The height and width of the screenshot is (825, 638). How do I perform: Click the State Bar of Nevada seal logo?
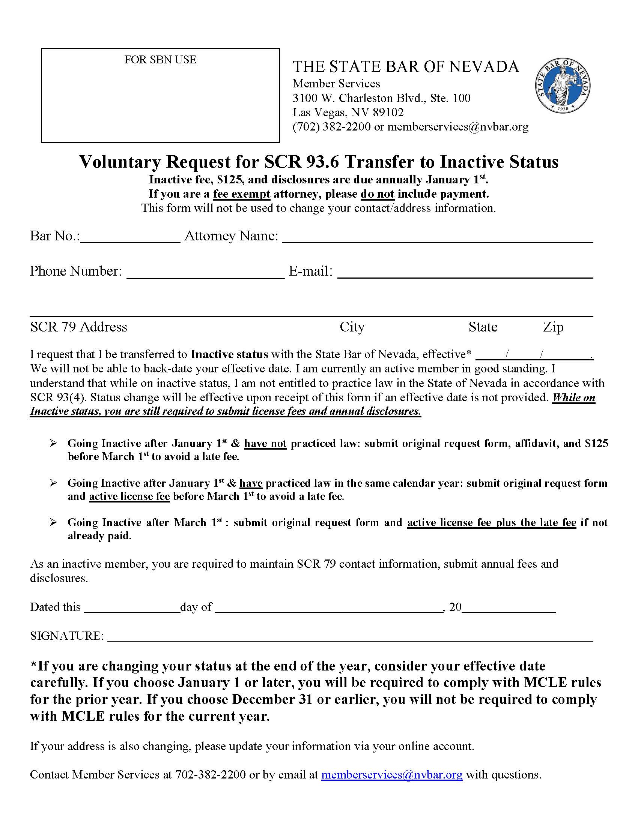click(x=563, y=86)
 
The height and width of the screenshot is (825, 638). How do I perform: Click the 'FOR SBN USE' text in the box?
click(x=160, y=60)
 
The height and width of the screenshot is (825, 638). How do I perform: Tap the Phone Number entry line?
click(x=205, y=274)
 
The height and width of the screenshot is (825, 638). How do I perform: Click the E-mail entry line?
click(x=465, y=274)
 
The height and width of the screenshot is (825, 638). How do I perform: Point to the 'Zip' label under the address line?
click(x=553, y=327)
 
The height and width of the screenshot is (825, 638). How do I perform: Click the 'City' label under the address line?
click(x=352, y=327)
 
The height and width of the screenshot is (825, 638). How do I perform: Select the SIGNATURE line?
click(x=350, y=637)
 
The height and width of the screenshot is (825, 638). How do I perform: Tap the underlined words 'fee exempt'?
click(x=242, y=194)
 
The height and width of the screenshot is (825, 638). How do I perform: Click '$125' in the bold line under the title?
click(x=230, y=179)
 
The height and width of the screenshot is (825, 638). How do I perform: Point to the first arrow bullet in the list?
click(x=53, y=443)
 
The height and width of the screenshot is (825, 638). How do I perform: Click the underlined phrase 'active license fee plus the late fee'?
click(x=491, y=522)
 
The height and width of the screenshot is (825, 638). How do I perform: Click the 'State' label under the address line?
click(x=483, y=327)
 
